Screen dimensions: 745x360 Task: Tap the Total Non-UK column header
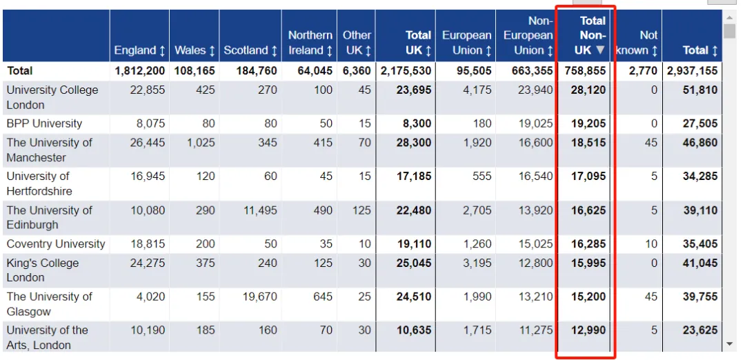coord(590,36)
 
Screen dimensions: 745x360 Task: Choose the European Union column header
coord(466,43)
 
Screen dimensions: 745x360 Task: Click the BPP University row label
coord(44,124)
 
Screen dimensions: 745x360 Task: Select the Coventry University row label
coord(56,244)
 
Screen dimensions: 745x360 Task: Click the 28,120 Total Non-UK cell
coord(588,90)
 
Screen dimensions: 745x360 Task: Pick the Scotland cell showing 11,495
coord(260,210)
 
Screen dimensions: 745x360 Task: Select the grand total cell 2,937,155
coord(693,71)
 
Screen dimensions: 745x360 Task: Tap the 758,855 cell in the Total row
coord(586,71)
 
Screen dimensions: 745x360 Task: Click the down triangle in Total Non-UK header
coord(600,50)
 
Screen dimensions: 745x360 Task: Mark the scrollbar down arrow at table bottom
coord(729,344)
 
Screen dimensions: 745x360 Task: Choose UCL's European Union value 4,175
coord(477,90)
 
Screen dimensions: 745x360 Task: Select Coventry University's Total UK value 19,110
coord(414,244)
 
